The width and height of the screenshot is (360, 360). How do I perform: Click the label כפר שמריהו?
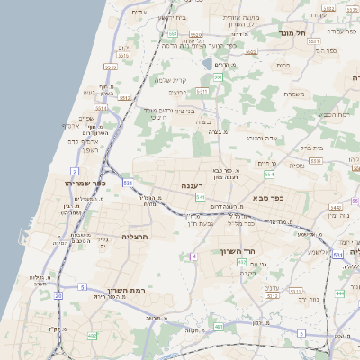coord(86,183)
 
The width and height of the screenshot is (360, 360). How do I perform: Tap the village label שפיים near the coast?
coord(86,118)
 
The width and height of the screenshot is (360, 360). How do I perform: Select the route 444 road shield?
coord(339,294)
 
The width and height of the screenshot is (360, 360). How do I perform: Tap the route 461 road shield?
coord(220,328)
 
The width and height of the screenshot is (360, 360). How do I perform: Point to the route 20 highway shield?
coord(58,295)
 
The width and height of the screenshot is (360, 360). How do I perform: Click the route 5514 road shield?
coord(101,107)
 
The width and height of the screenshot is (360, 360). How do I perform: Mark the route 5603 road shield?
coord(251,52)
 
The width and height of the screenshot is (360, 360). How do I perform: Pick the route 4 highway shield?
coord(193,256)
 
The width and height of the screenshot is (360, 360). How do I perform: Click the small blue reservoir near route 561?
coord(209,64)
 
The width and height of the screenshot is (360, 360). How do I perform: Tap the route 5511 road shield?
coord(111,67)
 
